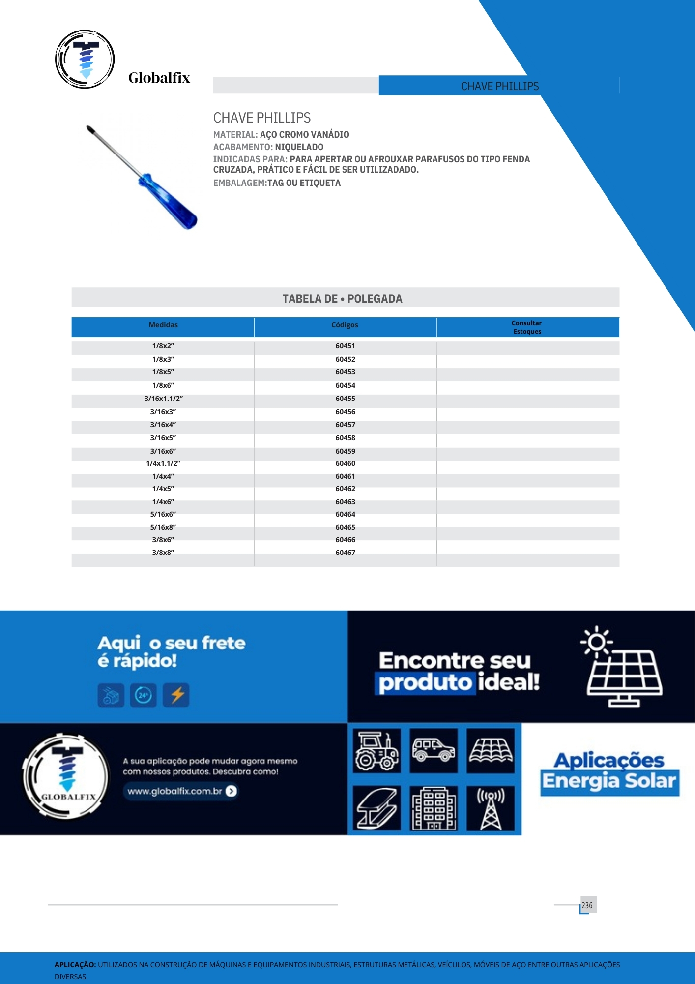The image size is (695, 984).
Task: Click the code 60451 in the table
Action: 345,346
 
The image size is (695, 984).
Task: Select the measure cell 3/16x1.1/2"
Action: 163,399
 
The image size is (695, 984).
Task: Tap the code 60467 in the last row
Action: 345,553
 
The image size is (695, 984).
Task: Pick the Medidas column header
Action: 163,325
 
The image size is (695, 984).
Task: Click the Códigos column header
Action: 345,325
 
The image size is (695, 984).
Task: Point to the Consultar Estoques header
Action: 527,327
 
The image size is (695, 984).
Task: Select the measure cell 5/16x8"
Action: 163,527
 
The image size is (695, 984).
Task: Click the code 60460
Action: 345,463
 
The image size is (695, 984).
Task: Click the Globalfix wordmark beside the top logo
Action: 159,78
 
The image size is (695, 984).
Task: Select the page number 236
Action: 587,905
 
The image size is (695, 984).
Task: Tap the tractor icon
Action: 376,751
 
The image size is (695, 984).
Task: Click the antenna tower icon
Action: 491,808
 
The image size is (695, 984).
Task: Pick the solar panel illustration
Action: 623,674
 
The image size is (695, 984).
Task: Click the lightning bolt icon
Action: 176,695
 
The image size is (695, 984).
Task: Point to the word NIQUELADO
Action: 299,147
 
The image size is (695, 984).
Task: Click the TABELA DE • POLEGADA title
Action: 342,299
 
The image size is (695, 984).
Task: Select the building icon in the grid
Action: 434,808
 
